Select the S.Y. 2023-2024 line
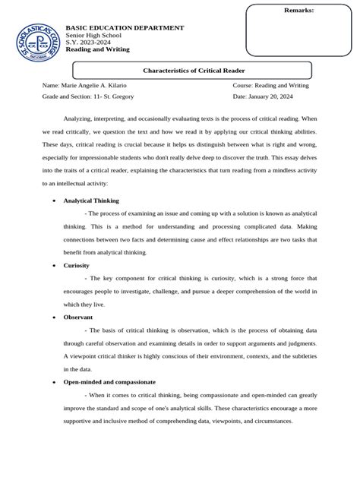tap(89, 43)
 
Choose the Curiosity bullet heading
tap(77, 265)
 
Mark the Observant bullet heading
tap(78, 315)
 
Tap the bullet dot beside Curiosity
tap(52, 266)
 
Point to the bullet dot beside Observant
tap(52, 315)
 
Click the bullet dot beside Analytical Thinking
tap(52, 201)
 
